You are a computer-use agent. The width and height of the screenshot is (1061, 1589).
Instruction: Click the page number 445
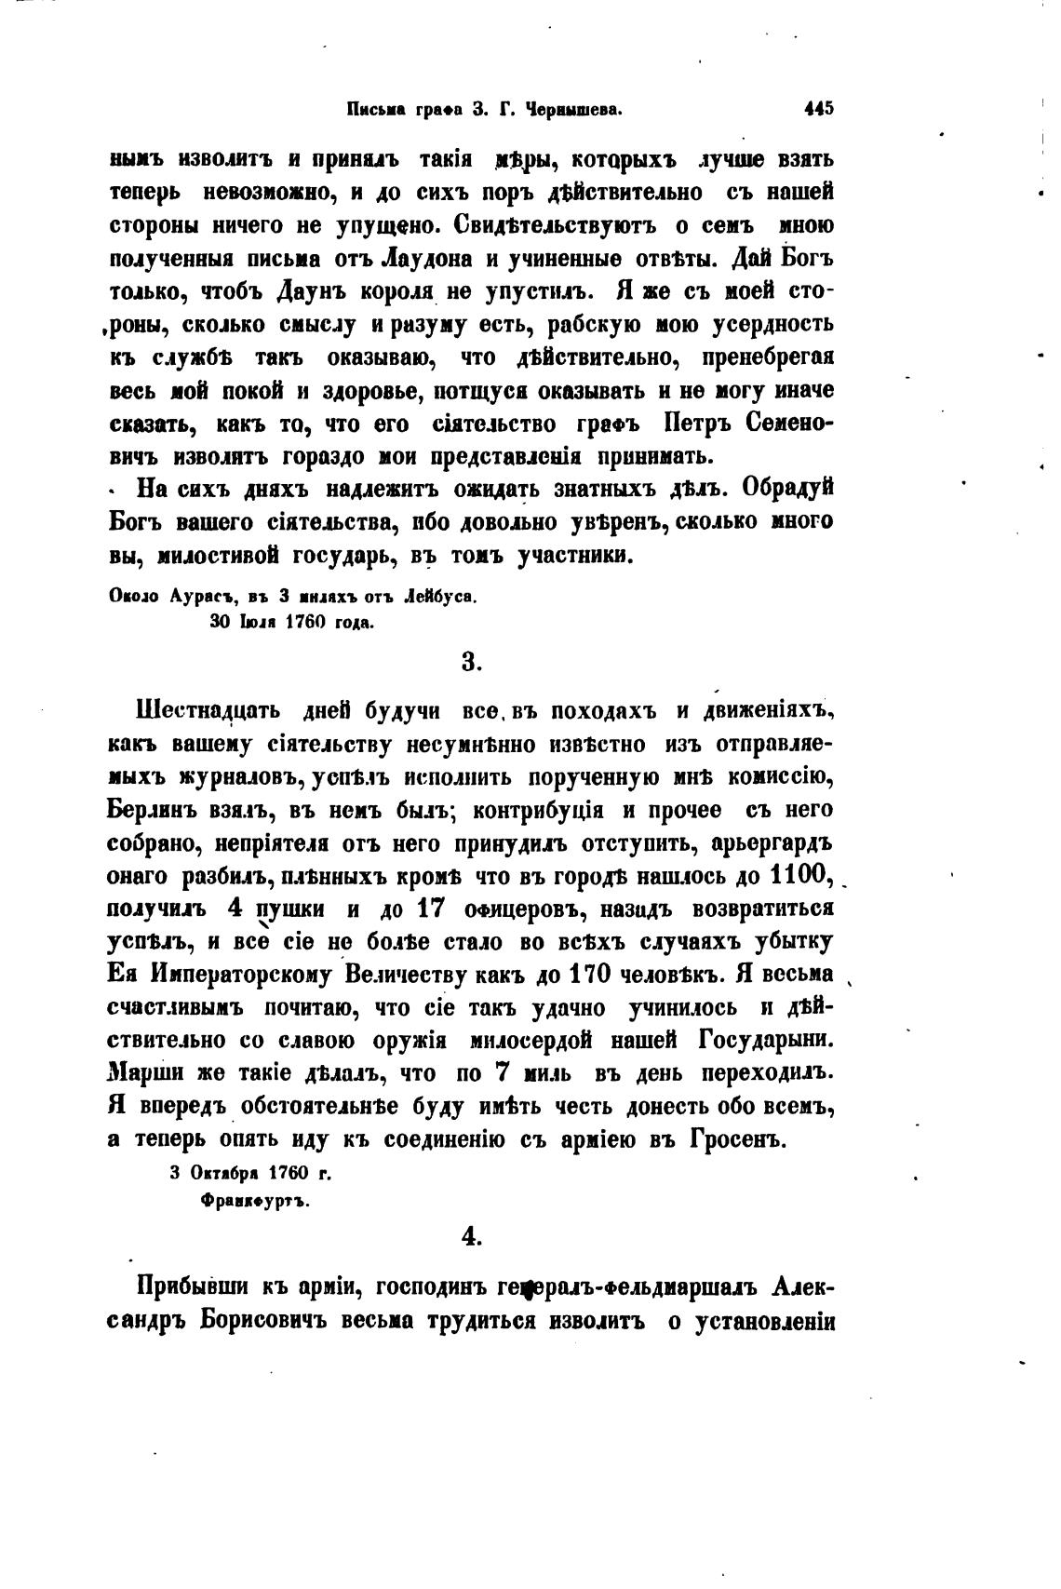819,109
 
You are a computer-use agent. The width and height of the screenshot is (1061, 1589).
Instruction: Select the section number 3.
471,662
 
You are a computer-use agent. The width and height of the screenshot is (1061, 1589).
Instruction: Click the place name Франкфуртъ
255,1201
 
